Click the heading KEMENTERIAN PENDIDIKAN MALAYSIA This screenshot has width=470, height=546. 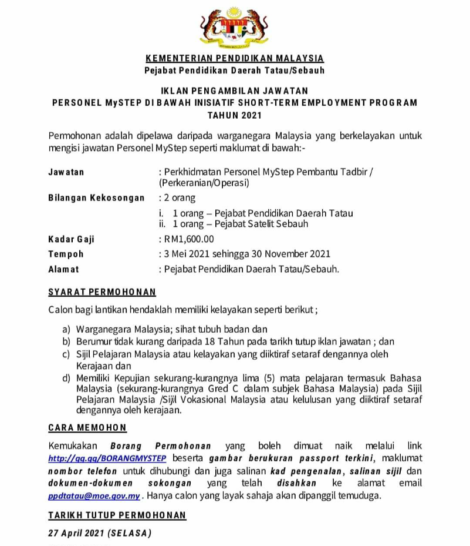click(234, 59)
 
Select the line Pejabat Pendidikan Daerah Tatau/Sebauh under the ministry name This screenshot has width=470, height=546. click(234, 71)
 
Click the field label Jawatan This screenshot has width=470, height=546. click(66, 172)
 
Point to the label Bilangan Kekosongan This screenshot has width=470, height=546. click(96, 198)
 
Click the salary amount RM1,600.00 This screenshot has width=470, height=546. click(189, 239)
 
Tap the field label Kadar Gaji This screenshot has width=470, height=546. click(71, 239)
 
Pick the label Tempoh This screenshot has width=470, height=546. click(66, 254)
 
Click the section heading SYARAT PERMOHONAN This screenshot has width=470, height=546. click(102, 292)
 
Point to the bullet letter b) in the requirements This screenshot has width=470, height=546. click(66, 341)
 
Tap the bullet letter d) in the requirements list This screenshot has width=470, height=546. click(66, 377)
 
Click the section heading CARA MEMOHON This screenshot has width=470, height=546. click(87, 427)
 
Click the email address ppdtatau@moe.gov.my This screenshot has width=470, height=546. click(94, 495)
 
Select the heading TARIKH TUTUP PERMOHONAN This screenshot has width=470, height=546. click(117, 515)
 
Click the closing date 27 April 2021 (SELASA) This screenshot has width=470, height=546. click(99, 534)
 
